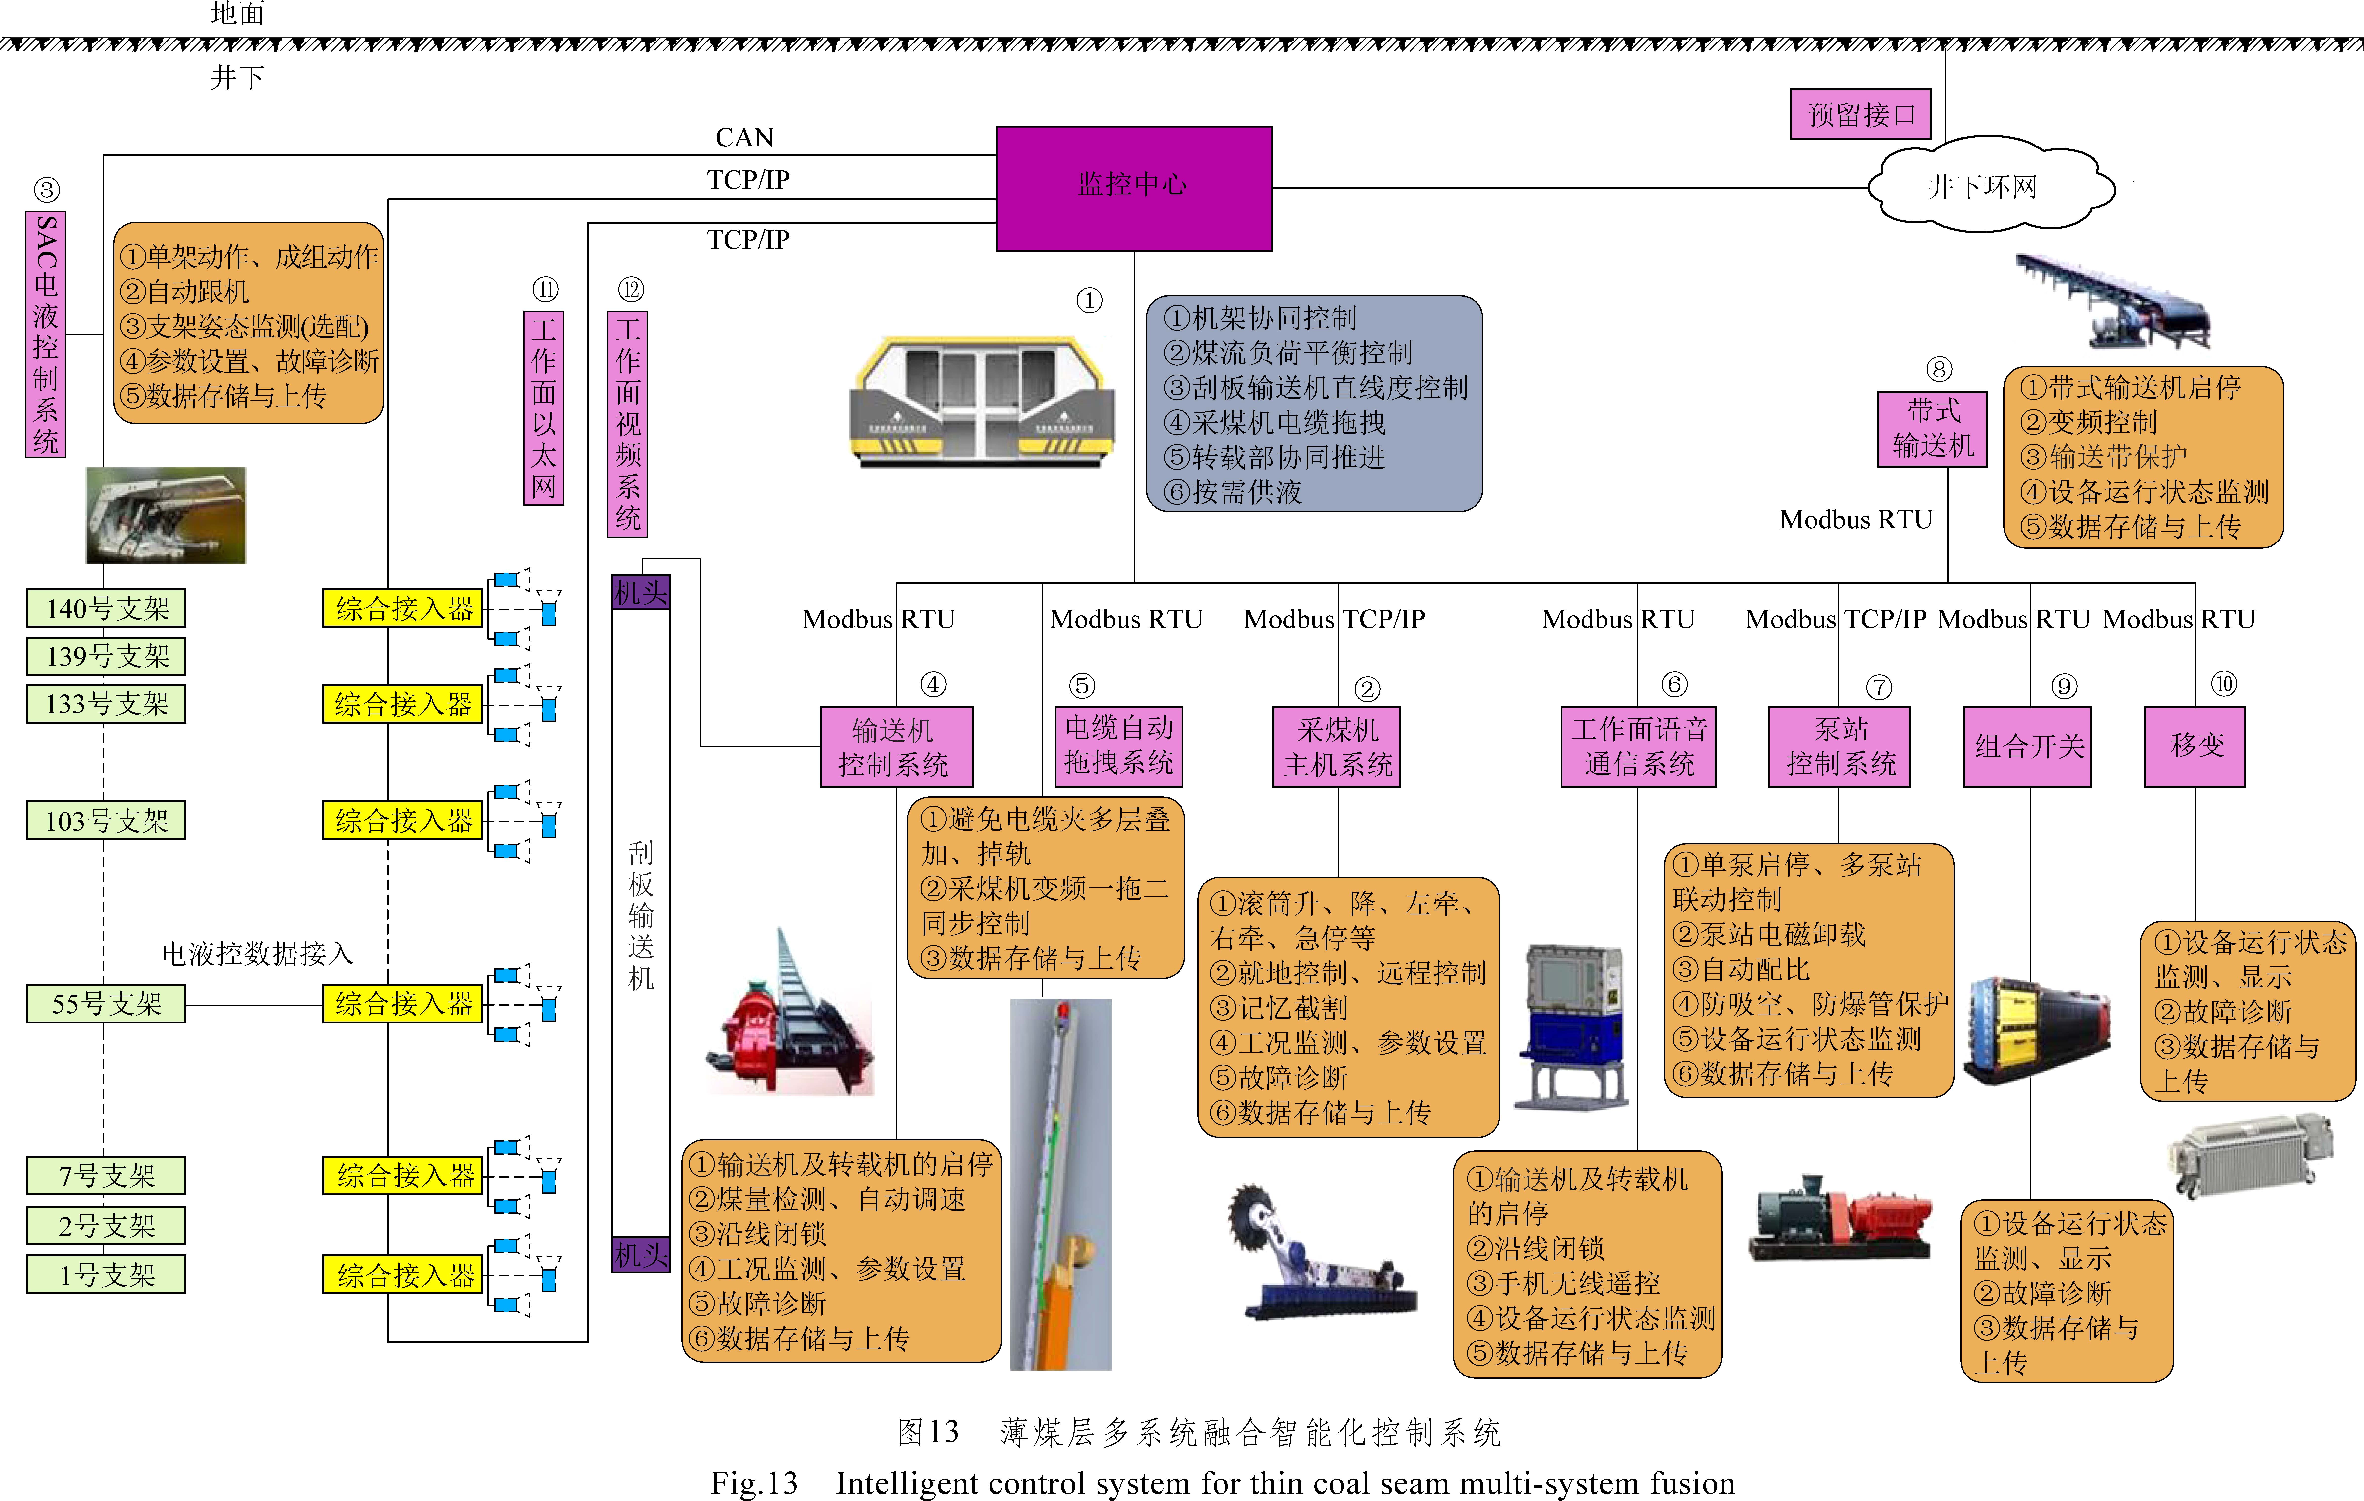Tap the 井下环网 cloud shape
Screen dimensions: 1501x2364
point(1983,187)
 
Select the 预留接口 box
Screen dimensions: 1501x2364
point(1860,115)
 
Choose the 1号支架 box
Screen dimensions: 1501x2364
point(106,1275)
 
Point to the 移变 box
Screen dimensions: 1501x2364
point(2195,746)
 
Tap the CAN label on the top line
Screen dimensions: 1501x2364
point(744,137)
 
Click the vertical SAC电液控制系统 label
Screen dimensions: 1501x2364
point(45,334)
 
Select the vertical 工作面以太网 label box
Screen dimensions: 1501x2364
point(544,407)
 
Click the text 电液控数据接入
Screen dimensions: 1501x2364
point(257,953)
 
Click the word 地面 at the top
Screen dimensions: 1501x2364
point(238,14)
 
